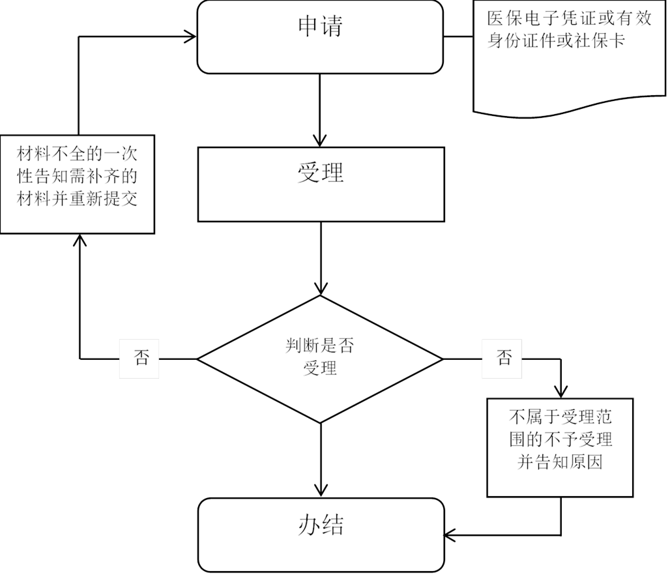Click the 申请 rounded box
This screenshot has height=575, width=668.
click(x=320, y=37)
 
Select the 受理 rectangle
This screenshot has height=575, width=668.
click(x=321, y=184)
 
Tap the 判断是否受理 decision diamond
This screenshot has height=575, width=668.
click(x=320, y=359)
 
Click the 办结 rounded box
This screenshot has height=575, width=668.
click(x=321, y=535)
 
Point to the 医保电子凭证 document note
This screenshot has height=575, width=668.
click(x=569, y=58)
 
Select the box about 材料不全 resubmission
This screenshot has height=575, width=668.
click(x=77, y=184)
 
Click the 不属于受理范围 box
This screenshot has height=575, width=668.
click(x=560, y=448)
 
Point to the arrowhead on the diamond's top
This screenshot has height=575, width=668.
click(x=321, y=289)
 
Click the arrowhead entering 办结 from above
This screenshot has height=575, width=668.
click(x=321, y=491)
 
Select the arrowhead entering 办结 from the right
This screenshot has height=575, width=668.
click(x=450, y=535)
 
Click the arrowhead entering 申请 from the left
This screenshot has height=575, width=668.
click(x=190, y=37)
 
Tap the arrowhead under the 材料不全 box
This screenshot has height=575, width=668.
click(x=80, y=240)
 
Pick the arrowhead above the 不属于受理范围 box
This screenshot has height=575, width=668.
click(x=560, y=392)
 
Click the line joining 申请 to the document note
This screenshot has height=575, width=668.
click(x=458, y=37)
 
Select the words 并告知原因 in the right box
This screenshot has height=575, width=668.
click(x=560, y=462)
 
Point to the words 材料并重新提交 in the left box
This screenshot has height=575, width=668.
click(x=77, y=199)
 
